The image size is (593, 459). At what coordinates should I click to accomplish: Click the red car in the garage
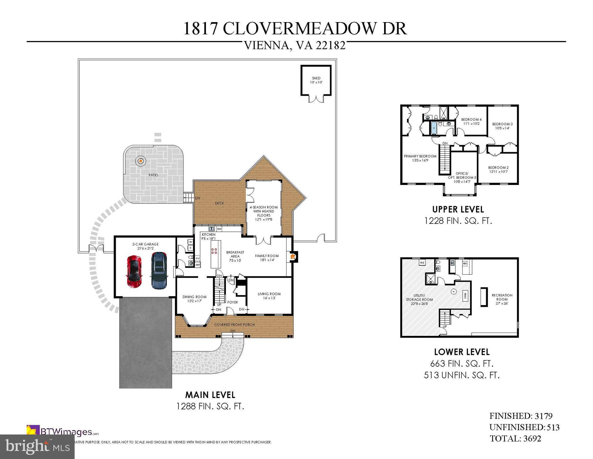(134, 271)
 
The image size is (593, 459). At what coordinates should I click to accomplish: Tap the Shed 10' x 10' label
(316, 80)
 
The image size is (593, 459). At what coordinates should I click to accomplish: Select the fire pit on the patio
(141, 161)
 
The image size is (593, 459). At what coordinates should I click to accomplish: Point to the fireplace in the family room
(293, 256)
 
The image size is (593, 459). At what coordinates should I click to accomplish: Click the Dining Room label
(194, 299)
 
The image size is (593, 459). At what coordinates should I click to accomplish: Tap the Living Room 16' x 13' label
(269, 296)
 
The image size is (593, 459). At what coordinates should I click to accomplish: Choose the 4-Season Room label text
(264, 213)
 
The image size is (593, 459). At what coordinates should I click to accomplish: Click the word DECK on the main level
(219, 203)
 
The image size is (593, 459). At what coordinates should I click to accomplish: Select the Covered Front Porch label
(234, 325)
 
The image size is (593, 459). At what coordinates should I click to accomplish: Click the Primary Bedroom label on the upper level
(420, 158)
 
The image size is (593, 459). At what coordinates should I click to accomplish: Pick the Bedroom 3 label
(502, 126)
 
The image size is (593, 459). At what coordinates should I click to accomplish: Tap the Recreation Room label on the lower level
(502, 299)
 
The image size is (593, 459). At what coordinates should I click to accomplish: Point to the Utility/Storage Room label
(419, 299)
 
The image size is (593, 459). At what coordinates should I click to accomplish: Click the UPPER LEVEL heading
(458, 209)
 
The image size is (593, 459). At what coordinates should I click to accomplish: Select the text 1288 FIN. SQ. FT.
(210, 406)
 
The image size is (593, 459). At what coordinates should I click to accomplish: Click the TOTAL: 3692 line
(515, 438)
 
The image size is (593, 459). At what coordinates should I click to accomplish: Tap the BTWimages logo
(63, 432)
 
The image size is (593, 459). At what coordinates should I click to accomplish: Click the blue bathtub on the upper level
(434, 128)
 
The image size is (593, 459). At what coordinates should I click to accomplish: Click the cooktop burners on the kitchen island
(214, 251)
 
